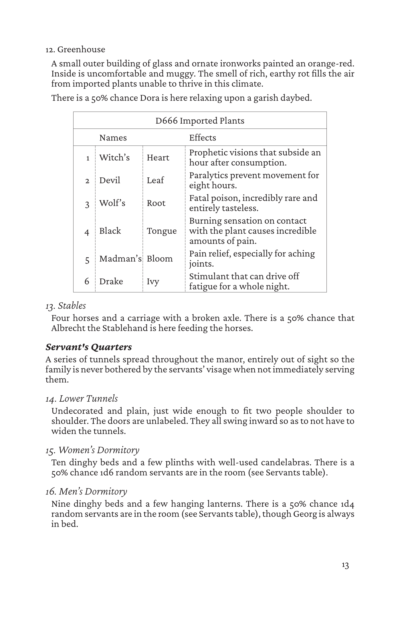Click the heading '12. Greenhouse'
[75, 49]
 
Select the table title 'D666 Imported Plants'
[200, 121]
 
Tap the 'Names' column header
[113, 138]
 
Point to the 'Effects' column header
[203, 138]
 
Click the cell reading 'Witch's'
[114, 158]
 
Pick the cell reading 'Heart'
[158, 158]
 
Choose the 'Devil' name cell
[110, 180]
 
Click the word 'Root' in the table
[156, 203]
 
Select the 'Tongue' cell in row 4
[162, 231]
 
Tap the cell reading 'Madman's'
[120, 259]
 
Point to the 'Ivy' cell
[153, 282]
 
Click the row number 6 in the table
[87, 282]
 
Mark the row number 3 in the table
[87, 204]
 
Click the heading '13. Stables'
[66, 306]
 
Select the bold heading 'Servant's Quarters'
[89, 347]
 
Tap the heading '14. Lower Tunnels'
[82, 399]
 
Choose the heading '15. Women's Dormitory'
[92, 450]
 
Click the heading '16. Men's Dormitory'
[86, 492]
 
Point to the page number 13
[345, 566]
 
